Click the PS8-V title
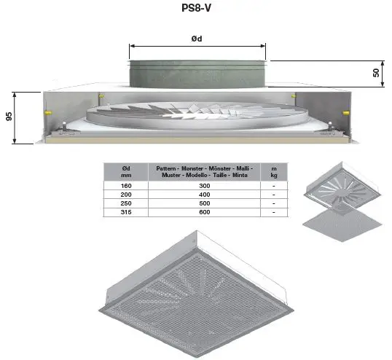click(x=197, y=11)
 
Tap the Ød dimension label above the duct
click(x=197, y=38)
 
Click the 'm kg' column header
click(x=273, y=171)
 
